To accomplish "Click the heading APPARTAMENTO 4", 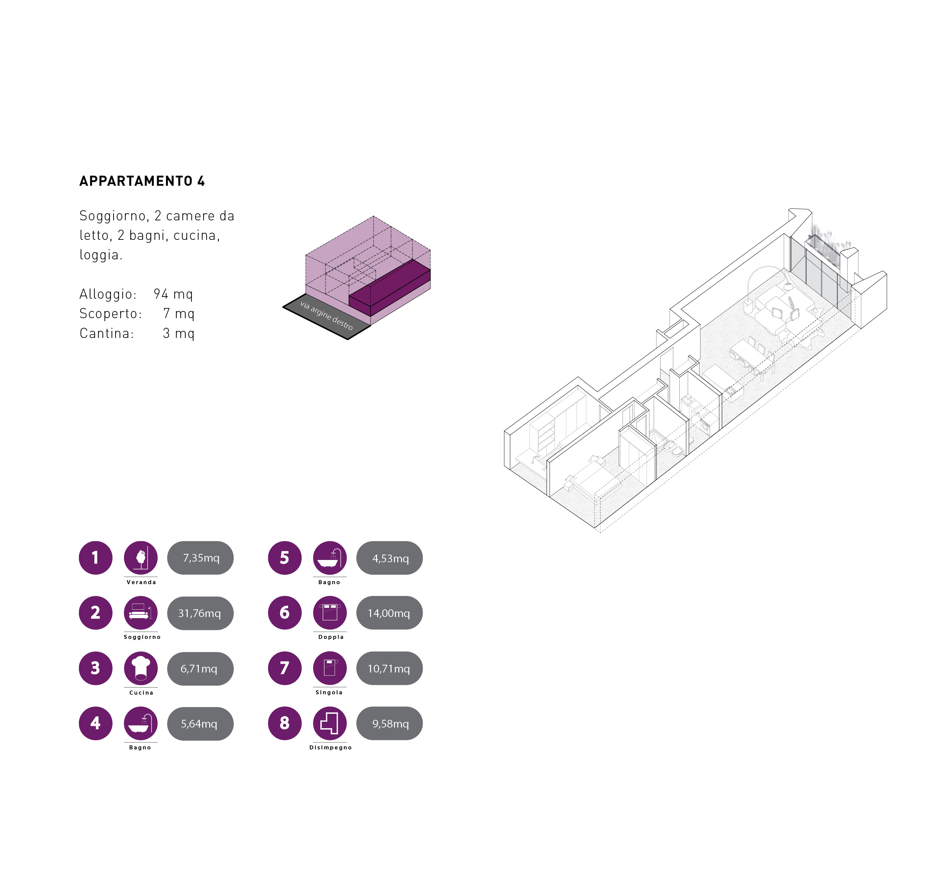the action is click(x=142, y=181).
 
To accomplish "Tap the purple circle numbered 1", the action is click(x=95, y=558).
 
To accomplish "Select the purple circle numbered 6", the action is click(x=285, y=613).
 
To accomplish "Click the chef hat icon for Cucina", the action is click(x=141, y=668).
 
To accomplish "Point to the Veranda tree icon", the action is click(x=141, y=558).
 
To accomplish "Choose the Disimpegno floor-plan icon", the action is click(x=330, y=723).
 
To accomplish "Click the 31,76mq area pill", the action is click(x=200, y=613).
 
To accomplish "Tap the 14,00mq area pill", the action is click(x=389, y=613).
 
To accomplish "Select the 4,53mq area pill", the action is click(x=389, y=558).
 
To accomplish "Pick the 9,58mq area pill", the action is click(x=389, y=723).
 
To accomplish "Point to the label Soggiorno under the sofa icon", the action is click(x=142, y=637).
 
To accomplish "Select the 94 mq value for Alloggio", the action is click(x=173, y=294).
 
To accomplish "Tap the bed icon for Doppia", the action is click(x=330, y=613).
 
